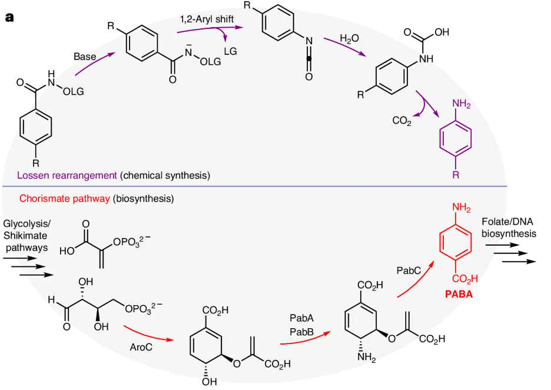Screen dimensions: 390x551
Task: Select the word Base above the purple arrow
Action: (x=85, y=57)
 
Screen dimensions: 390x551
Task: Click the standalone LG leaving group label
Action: (x=231, y=51)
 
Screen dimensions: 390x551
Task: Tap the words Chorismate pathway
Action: (x=65, y=199)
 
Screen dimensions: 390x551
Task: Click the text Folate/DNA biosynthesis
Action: (x=509, y=228)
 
